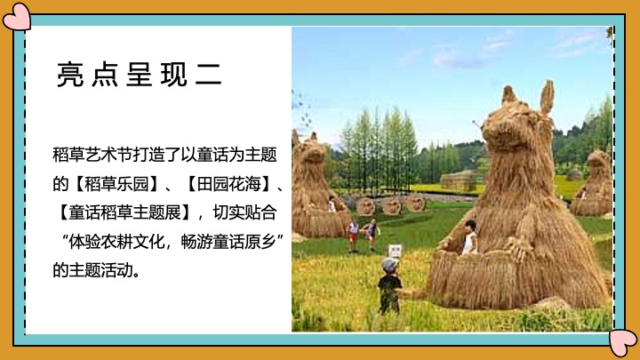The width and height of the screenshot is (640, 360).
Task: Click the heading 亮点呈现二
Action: coord(139,75)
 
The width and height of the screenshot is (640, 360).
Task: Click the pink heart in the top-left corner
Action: coord(16,16)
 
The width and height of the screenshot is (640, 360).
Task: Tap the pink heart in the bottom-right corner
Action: coord(624,342)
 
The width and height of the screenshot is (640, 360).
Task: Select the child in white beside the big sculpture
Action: coord(468,237)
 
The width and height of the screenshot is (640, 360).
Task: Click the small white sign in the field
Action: coord(396,250)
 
